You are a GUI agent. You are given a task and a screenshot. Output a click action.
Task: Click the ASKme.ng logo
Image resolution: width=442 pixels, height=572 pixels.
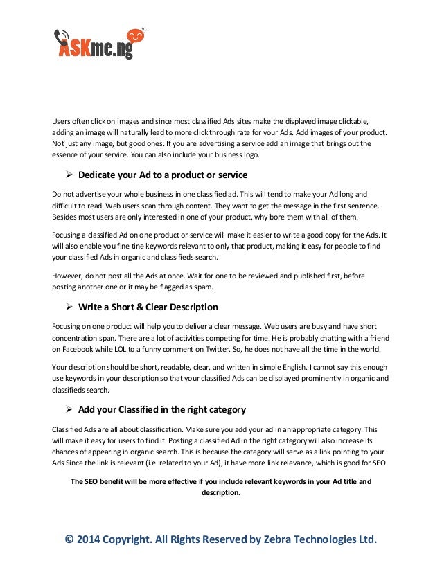(x=100, y=43)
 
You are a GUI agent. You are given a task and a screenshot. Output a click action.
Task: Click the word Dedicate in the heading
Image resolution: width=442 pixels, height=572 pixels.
(x=100, y=174)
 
